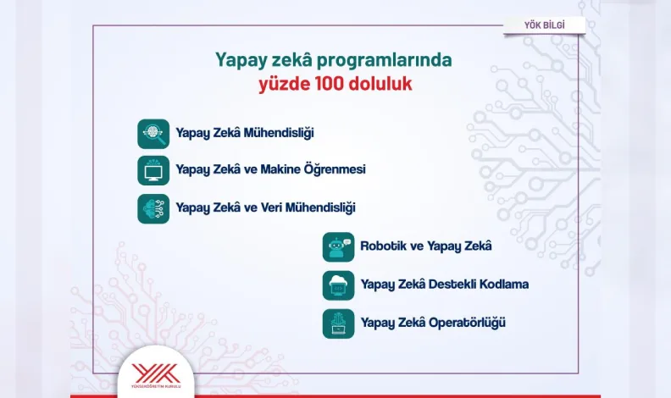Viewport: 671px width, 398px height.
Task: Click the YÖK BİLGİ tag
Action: [x=544, y=25]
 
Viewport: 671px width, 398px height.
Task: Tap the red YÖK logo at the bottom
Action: [x=156, y=374]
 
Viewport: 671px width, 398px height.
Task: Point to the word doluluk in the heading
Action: [x=380, y=83]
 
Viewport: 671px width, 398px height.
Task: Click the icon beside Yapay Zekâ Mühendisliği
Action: [x=153, y=134]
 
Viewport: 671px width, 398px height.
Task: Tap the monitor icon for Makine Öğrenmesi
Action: [x=153, y=170]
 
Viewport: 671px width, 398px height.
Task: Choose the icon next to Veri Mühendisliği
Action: [x=153, y=208]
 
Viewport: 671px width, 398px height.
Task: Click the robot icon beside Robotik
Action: [x=339, y=247]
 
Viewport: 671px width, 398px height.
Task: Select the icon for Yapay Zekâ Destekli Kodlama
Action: [x=339, y=285]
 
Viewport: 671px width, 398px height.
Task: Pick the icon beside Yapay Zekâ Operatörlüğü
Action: [x=339, y=323]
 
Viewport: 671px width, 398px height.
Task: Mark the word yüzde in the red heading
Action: [x=285, y=84]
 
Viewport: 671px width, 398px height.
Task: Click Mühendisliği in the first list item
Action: [x=279, y=133]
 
